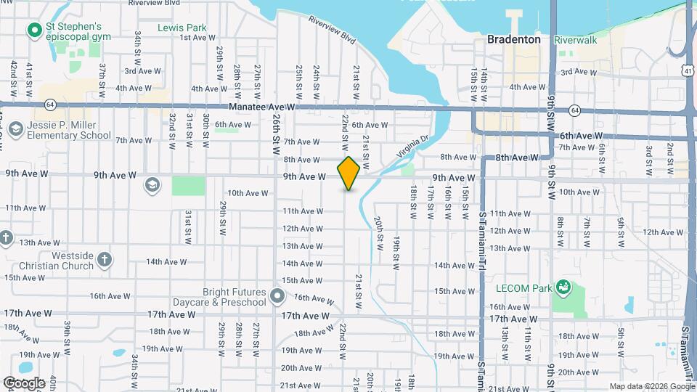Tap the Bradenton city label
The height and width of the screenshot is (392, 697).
(513, 40)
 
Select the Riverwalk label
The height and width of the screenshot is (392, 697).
(575, 40)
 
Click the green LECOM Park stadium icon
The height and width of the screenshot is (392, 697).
(561, 287)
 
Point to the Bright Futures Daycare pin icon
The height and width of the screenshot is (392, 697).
(276, 295)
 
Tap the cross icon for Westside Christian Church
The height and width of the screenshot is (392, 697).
(105, 259)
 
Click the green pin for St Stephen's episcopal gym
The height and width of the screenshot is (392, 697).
(33, 30)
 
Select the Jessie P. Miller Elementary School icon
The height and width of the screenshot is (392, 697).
(15, 130)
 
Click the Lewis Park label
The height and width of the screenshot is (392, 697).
(182, 28)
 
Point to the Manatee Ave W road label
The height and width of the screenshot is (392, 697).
(263, 107)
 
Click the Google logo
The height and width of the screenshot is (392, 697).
(25, 383)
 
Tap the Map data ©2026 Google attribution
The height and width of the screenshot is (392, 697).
(651, 386)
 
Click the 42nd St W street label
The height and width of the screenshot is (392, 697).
(14, 80)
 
